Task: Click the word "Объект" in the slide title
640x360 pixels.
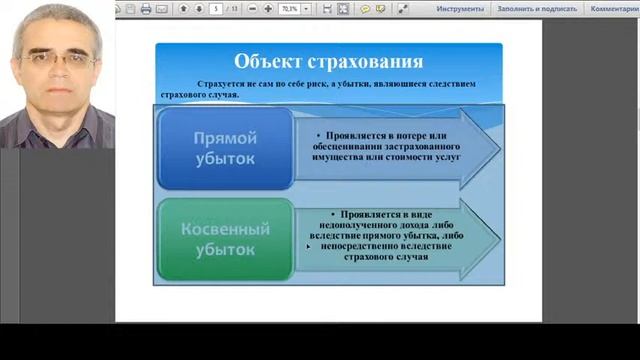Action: [269, 62]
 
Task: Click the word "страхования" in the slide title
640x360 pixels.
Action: [364, 62]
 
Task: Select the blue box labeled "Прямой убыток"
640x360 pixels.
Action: [225, 147]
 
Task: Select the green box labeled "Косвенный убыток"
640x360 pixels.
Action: [225, 241]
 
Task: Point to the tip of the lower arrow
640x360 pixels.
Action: [499, 241]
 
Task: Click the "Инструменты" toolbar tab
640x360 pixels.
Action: [460, 8]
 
